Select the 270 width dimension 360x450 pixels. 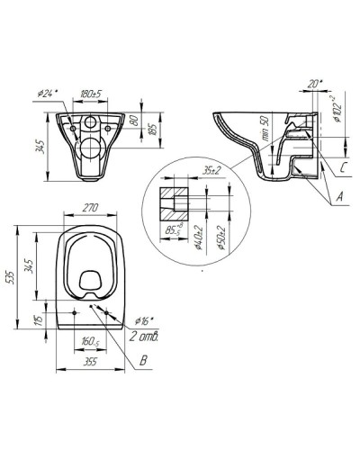click(90, 208)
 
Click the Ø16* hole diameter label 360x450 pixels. click(144, 321)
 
